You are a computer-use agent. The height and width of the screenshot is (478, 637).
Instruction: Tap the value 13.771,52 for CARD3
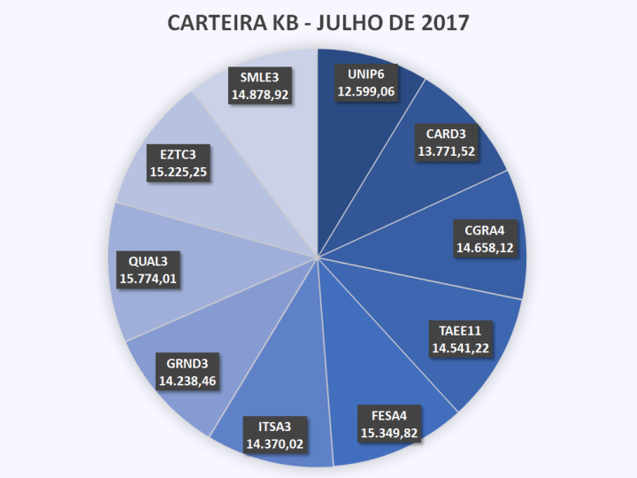pos(447,151)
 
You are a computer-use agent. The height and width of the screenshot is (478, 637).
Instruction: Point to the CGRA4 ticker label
pos(486,233)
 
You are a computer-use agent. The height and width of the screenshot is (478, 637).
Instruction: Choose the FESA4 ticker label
pos(388,414)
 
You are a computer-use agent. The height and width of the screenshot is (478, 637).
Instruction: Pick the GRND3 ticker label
pos(187,364)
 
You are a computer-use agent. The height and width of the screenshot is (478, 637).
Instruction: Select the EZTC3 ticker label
pos(179,154)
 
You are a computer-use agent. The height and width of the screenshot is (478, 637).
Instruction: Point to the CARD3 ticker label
pos(447,135)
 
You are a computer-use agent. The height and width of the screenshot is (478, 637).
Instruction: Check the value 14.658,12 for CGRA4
pos(486,250)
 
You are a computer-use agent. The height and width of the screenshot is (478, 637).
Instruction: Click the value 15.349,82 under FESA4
pos(388,432)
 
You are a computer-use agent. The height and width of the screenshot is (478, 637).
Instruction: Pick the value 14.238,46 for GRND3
pos(187,382)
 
